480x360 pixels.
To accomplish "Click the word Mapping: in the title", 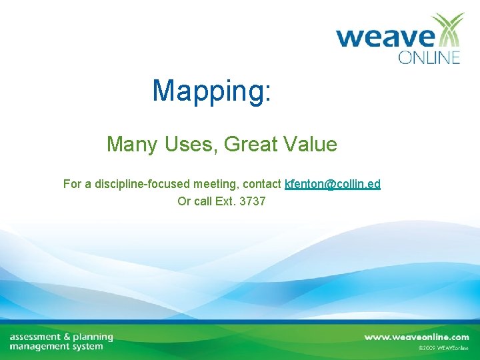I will (211, 91).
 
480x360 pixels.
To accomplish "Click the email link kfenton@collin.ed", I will (333, 183).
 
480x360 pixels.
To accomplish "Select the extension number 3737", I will (252, 201).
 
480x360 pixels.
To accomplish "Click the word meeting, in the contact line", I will (217, 183).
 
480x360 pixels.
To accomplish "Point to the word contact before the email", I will (262, 183).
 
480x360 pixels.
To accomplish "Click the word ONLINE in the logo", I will (429, 57).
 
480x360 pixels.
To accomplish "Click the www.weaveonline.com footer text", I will (416, 337).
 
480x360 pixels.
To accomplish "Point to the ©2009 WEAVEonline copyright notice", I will (443, 348).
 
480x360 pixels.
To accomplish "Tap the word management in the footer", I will (39, 347).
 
